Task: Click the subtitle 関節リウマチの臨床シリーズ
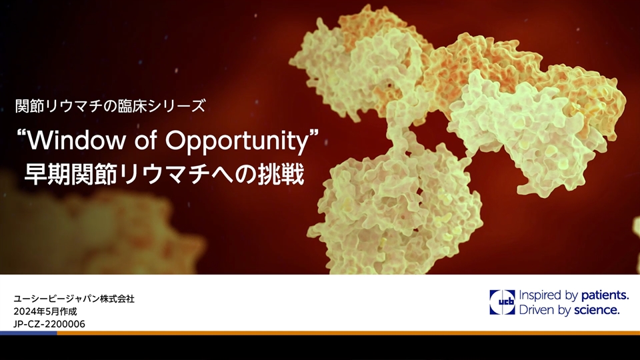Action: click(110, 106)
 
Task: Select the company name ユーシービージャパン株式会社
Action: click(74, 299)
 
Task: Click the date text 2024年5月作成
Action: click(45, 311)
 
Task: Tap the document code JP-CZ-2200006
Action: click(49, 324)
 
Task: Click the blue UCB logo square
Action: click(502, 303)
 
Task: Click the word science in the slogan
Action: click(597, 310)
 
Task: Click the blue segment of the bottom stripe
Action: click(29, 333)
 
